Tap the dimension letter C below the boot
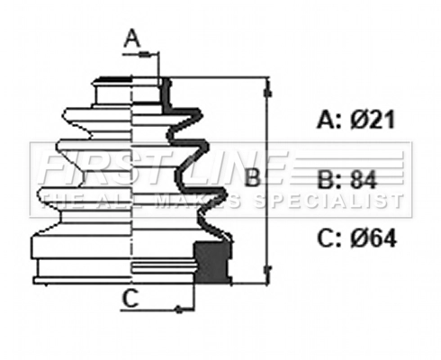(x=130, y=300)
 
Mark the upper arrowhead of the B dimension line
(x=267, y=88)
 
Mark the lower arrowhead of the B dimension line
(x=267, y=268)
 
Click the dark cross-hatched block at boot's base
(x=211, y=261)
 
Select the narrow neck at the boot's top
(x=132, y=90)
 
